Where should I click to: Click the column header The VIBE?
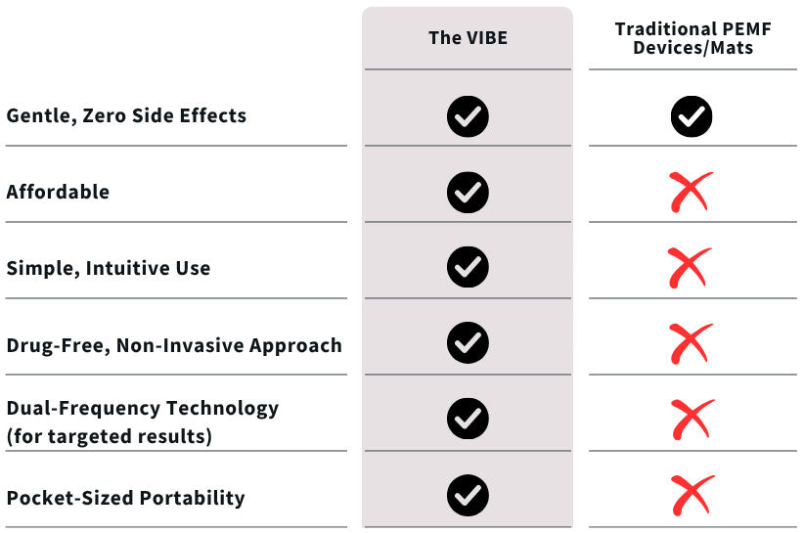468,38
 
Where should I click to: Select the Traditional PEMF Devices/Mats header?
692,38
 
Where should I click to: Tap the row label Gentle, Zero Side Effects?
126,115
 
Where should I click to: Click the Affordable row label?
58,192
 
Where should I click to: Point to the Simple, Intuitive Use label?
109,268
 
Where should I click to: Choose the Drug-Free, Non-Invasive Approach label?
174,345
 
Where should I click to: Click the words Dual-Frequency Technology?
143,409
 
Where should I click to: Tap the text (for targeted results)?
110,436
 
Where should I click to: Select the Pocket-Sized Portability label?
125,498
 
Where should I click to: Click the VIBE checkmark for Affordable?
468,193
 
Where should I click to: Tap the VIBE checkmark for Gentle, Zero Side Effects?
468,116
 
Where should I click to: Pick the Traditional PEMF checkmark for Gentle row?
692,116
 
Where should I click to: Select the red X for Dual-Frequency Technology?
691,420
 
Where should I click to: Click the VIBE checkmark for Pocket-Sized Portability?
468,496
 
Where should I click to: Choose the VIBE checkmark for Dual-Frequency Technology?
468,419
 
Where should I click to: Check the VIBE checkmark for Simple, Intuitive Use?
468,267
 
